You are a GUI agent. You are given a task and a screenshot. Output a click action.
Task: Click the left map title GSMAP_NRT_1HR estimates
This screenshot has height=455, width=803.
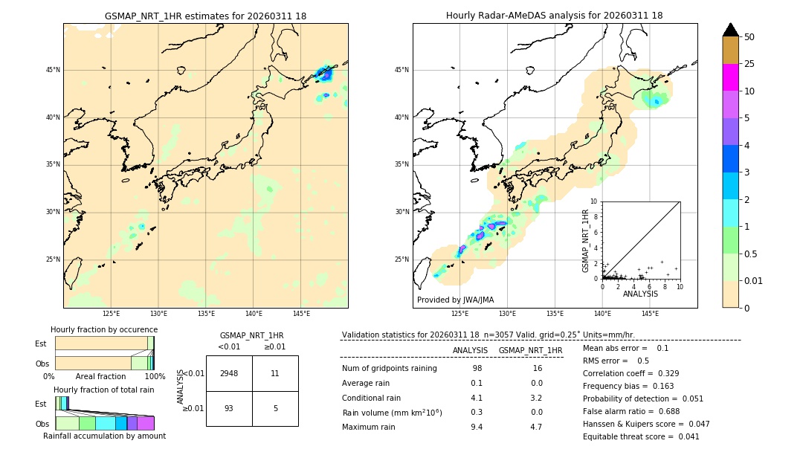pyautogui.click(x=205, y=16)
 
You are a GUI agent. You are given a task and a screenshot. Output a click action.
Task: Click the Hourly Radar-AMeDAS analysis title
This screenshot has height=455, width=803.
pyautogui.click(x=554, y=16)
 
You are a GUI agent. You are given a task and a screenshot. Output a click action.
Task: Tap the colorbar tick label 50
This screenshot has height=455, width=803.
pyautogui.click(x=749, y=37)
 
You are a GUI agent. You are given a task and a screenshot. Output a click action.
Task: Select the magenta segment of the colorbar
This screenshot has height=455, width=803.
pyautogui.click(x=730, y=77)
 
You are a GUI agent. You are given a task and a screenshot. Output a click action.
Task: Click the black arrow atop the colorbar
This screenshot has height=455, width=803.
pyautogui.click(x=730, y=30)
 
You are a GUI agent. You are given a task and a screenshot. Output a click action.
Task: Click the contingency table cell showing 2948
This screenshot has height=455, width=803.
pyautogui.click(x=229, y=373)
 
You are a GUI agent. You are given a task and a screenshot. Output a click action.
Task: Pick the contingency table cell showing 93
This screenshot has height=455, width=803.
pyautogui.click(x=229, y=408)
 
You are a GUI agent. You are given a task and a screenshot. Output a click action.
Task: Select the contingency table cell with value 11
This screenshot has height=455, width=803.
pyautogui.click(x=275, y=373)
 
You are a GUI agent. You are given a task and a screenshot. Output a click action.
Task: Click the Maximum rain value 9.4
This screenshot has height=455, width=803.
pyautogui.click(x=477, y=427)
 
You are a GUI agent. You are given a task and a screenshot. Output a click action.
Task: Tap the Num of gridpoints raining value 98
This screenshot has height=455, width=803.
pyautogui.click(x=477, y=369)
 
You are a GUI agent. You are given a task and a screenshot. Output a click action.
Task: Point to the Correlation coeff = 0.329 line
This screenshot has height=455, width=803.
pyautogui.click(x=631, y=373)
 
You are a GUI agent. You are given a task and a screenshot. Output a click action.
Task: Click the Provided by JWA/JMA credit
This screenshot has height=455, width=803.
pyautogui.click(x=455, y=300)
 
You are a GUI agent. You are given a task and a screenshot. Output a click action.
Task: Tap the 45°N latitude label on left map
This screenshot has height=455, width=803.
pyautogui.click(x=53, y=70)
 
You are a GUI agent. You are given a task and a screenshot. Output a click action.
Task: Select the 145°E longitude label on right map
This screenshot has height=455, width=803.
pyautogui.click(x=650, y=314)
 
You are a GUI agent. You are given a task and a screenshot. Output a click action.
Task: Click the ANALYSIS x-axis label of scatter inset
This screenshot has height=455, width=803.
pyautogui.click(x=640, y=294)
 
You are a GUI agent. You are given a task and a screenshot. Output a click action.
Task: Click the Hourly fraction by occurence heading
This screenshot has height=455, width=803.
pyautogui.click(x=104, y=329)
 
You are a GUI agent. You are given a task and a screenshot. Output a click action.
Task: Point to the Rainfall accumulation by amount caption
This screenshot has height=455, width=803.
pyautogui.click(x=104, y=436)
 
